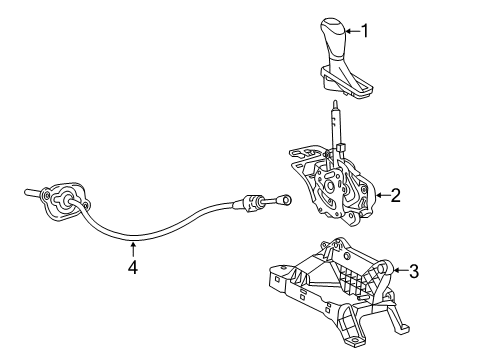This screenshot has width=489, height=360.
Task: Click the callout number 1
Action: pos(364,31)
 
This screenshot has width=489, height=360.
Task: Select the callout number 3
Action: pos(414,269)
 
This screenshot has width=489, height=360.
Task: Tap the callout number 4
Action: pos(133,267)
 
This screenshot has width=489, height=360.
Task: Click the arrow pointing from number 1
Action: pos(350,31)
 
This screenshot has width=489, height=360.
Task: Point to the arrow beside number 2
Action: pos(379,196)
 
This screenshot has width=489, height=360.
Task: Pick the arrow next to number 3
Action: pos(399,268)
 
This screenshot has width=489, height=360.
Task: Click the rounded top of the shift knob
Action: pos(334,23)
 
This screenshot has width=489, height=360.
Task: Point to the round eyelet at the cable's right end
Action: pos(284,200)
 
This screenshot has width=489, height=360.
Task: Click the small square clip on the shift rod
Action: pos(340,147)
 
